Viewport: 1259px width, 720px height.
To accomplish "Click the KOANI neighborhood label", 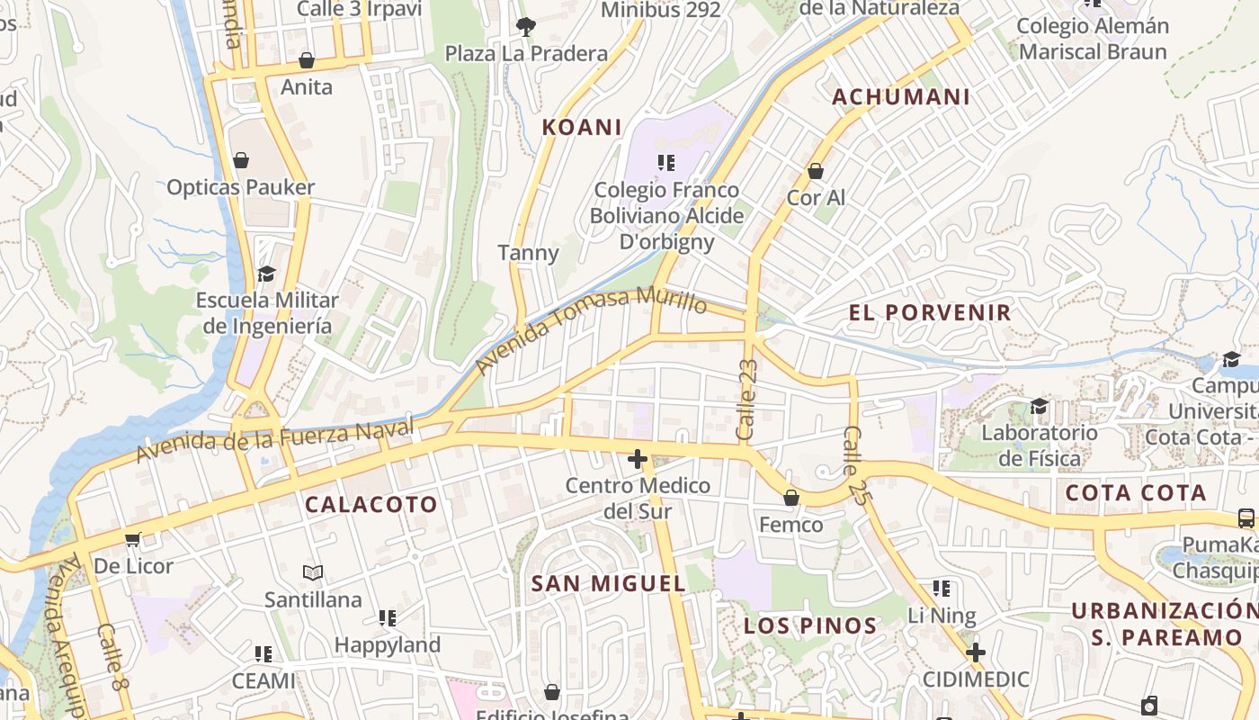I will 582,127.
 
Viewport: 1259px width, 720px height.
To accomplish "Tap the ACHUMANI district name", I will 901,97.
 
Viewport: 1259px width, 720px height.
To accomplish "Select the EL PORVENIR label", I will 930,313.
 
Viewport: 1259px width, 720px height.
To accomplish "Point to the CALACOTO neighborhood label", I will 371,505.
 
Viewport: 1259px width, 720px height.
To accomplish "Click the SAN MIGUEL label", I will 609,583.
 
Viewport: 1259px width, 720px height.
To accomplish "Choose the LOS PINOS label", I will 810,625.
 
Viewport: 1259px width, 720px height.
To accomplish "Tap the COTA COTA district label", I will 1136,492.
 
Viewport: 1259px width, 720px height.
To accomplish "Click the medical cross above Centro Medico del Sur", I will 638,460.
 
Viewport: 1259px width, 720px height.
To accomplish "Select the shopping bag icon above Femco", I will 791,498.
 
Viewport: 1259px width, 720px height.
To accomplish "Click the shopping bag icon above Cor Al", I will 816,171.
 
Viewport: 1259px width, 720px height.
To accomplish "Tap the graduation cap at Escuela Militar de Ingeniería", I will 266,273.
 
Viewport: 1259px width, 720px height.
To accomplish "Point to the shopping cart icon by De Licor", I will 133,540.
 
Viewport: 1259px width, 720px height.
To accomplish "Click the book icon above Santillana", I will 313,572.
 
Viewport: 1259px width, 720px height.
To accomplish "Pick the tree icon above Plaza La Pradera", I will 526,27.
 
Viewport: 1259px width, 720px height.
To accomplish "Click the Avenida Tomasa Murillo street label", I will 591,329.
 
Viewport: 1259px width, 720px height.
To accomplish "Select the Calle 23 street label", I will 747,400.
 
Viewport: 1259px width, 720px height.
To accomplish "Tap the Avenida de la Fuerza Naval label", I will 274,438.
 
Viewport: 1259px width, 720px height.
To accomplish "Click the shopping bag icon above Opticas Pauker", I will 241,161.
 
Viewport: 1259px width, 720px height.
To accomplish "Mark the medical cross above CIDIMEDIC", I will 976,652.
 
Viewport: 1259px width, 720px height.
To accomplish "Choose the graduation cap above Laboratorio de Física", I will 1039,406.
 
